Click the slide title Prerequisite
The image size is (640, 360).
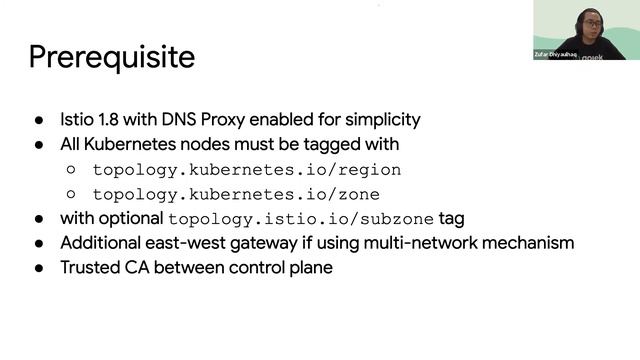pos(111,57)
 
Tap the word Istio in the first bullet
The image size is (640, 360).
pos(78,120)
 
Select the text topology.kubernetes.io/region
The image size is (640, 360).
pos(247,170)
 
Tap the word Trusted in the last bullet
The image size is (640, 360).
pos(90,268)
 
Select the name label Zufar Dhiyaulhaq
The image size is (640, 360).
pos(555,54)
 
